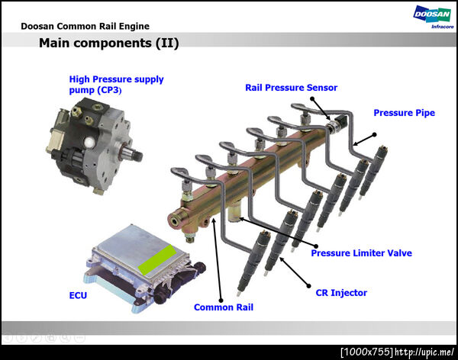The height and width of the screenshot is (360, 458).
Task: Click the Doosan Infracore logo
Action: pyautogui.click(x=433, y=18)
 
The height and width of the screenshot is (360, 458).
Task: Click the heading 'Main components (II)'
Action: pyautogui.click(x=108, y=43)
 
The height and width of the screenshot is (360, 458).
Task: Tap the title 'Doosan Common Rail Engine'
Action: pyautogui.click(x=85, y=26)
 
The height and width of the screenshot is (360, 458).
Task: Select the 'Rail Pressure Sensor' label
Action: pyautogui.click(x=291, y=88)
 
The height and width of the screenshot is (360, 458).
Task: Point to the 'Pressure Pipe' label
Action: pyautogui.click(x=405, y=113)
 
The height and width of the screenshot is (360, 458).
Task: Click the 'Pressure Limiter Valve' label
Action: pyautogui.click(x=361, y=253)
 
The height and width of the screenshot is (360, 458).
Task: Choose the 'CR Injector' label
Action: pyautogui.click(x=341, y=293)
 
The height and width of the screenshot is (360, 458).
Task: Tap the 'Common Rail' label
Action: pyautogui.click(x=224, y=307)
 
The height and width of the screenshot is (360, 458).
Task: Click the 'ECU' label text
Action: pyautogui.click(x=78, y=295)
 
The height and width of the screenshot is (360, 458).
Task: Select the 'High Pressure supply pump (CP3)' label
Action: pyautogui.click(x=116, y=85)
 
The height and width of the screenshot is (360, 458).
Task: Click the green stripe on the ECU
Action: pyautogui.click(x=157, y=259)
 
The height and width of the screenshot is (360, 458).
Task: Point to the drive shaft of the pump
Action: pyautogui.click(x=132, y=153)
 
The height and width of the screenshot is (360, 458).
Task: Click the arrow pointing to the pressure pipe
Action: pyautogui.click(x=364, y=140)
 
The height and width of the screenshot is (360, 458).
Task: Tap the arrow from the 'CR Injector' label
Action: pyautogui.click(x=294, y=272)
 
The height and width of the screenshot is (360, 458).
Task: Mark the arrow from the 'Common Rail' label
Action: pyautogui.click(x=218, y=259)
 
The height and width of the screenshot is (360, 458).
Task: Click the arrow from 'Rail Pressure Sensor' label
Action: pyautogui.click(x=321, y=109)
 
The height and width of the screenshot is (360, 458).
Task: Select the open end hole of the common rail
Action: pyautogui.click(x=176, y=222)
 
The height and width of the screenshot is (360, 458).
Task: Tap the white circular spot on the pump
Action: pyautogui.click(x=89, y=143)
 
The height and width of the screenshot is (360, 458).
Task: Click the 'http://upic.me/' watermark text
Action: pyautogui.click(x=424, y=352)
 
